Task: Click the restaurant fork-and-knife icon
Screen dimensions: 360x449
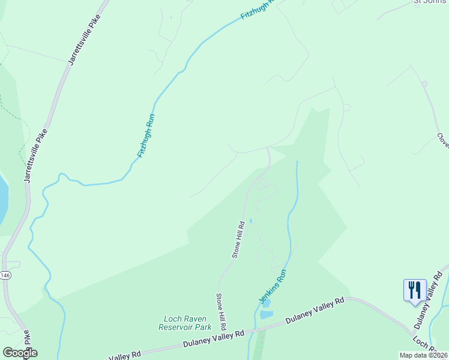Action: (415, 291)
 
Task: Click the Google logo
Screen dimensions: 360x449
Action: (20, 353)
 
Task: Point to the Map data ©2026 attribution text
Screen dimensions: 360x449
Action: (424, 355)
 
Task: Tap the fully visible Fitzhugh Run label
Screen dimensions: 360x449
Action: (146, 136)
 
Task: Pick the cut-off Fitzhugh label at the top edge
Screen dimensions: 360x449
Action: (257, 10)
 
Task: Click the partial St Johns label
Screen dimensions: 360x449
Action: (431, 2)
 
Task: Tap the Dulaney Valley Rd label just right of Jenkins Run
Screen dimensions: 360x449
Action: (315, 311)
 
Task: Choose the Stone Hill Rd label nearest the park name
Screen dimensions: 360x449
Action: (221, 311)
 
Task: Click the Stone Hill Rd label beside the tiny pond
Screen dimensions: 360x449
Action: (238, 240)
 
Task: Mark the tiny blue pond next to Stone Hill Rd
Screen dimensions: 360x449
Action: (251, 221)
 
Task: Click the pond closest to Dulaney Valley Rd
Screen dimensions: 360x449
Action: (267, 313)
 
